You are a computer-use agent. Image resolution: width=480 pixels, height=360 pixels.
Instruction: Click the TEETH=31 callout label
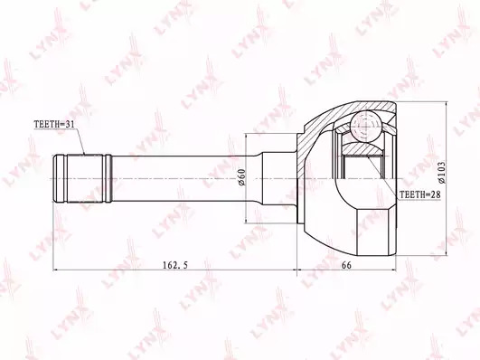tap(54, 124)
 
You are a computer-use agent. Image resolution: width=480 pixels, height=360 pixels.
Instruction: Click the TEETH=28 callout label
tap(419, 194)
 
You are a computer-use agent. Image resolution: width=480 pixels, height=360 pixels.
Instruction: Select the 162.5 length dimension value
tap(174, 265)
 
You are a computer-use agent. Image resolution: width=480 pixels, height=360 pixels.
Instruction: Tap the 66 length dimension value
tap(346, 265)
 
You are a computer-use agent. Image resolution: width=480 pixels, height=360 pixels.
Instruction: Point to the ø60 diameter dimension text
tap(241, 176)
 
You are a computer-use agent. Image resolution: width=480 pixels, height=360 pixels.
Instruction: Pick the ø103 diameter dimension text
tap(442, 173)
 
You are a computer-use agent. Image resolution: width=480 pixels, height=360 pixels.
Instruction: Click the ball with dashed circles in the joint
tap(366, 125)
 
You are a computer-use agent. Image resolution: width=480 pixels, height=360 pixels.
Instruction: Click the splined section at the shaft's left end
tap(82, 178)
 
